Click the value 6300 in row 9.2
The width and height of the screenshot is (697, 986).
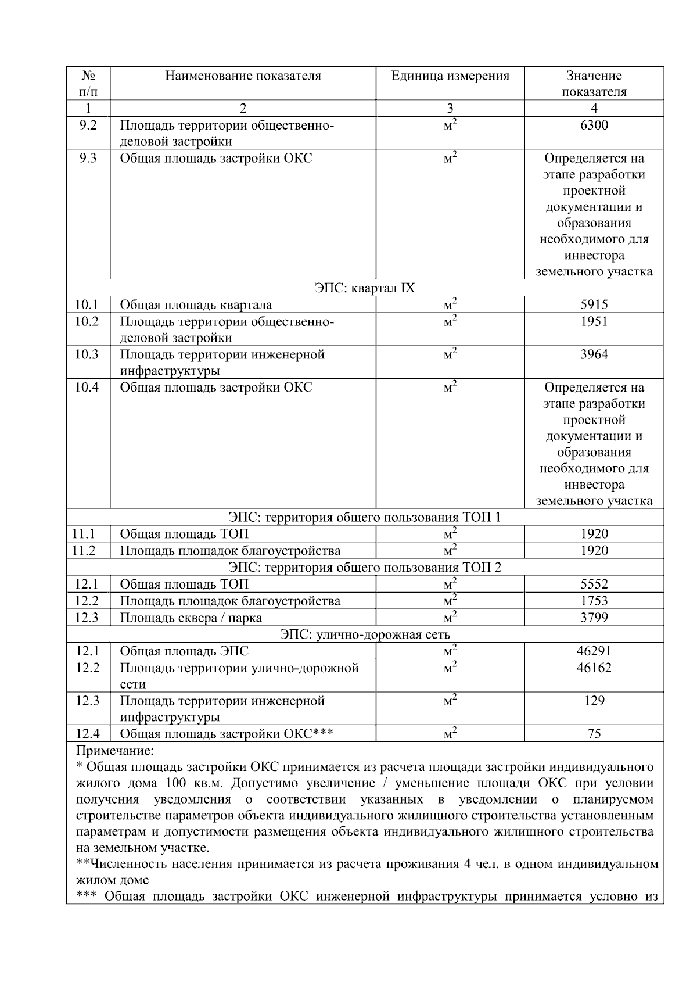(594, 126)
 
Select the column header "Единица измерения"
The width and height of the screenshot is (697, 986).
(450, 76)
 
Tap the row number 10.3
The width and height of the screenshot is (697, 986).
(87, 354)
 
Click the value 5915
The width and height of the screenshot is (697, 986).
(594, 304)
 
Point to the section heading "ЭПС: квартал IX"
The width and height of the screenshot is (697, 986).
(365, 288)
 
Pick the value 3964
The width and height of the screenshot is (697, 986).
(594, 354)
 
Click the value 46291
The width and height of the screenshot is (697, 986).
(594, 651)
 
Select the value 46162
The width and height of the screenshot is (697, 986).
(594, 668)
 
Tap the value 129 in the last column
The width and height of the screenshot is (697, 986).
(594, 701)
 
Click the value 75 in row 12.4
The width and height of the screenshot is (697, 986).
(594, 734)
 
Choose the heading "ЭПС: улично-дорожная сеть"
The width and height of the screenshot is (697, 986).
(365, 634)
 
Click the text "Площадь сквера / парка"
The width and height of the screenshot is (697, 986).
(191, 618)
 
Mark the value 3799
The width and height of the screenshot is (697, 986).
(594, 618)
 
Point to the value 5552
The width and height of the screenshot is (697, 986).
(594, 584)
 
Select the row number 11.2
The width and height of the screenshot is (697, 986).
(84, 551)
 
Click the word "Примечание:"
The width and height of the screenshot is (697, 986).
(115, 751)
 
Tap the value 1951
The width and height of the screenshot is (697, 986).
(594, 321)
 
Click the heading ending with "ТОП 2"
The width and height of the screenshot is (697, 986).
(365, 567)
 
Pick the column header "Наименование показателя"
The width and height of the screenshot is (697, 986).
(243, 76)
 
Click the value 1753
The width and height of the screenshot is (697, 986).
(594, 601)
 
